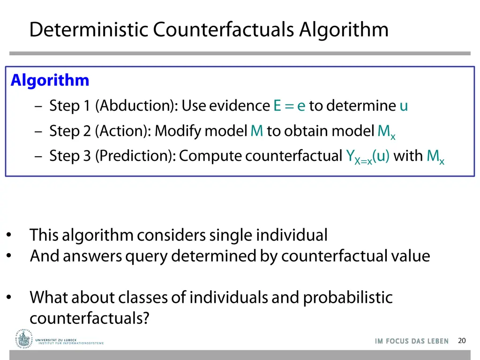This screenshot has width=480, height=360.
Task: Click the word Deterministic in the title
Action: click(89, 30)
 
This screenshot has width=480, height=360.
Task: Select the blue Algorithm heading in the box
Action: click(50, 81)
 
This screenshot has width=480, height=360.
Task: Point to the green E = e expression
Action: click(289, 106)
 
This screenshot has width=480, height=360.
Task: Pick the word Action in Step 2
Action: click(122, 131)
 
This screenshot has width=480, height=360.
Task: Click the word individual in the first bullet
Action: click(292, 235)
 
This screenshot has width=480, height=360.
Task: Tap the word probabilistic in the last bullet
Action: click(348, 297)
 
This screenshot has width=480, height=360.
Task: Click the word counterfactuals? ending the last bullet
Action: click(90, 318)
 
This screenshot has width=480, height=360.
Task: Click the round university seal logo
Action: click(24, 338)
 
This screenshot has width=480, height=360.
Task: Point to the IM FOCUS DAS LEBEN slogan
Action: click(412, 341)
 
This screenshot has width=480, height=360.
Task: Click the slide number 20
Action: click(462, 341)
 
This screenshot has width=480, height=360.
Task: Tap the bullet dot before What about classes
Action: click(9, 297)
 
